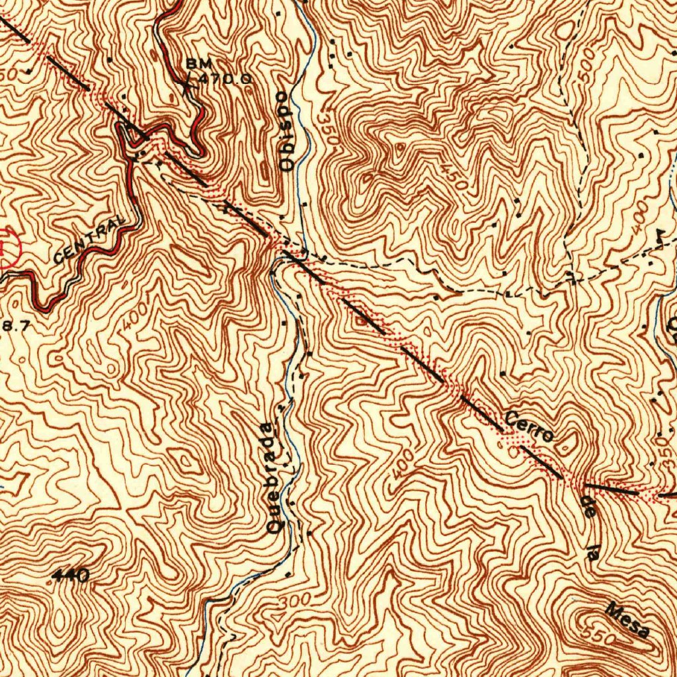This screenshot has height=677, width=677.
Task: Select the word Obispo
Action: coord(286,131)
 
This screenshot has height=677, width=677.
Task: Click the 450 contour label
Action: coord(456,177)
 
